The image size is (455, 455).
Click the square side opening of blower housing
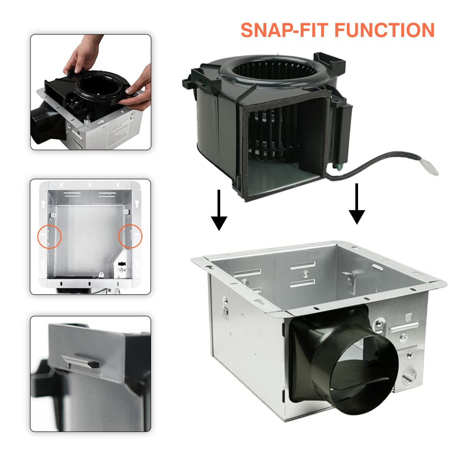click(x=284, y=146)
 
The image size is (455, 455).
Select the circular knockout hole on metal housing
click(x=408, y=374)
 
